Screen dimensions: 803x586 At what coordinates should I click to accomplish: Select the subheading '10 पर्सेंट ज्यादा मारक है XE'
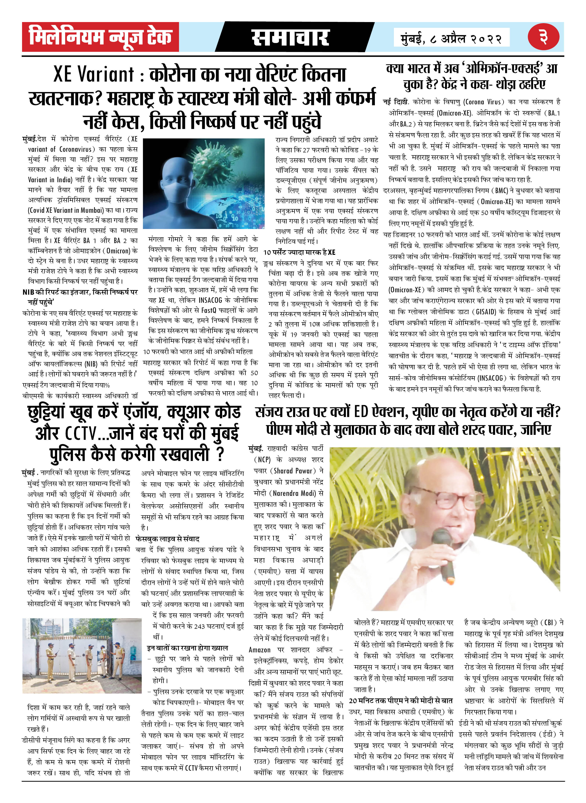coord(299,252)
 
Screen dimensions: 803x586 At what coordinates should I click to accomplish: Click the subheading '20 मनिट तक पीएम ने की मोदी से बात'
coord(401,700)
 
